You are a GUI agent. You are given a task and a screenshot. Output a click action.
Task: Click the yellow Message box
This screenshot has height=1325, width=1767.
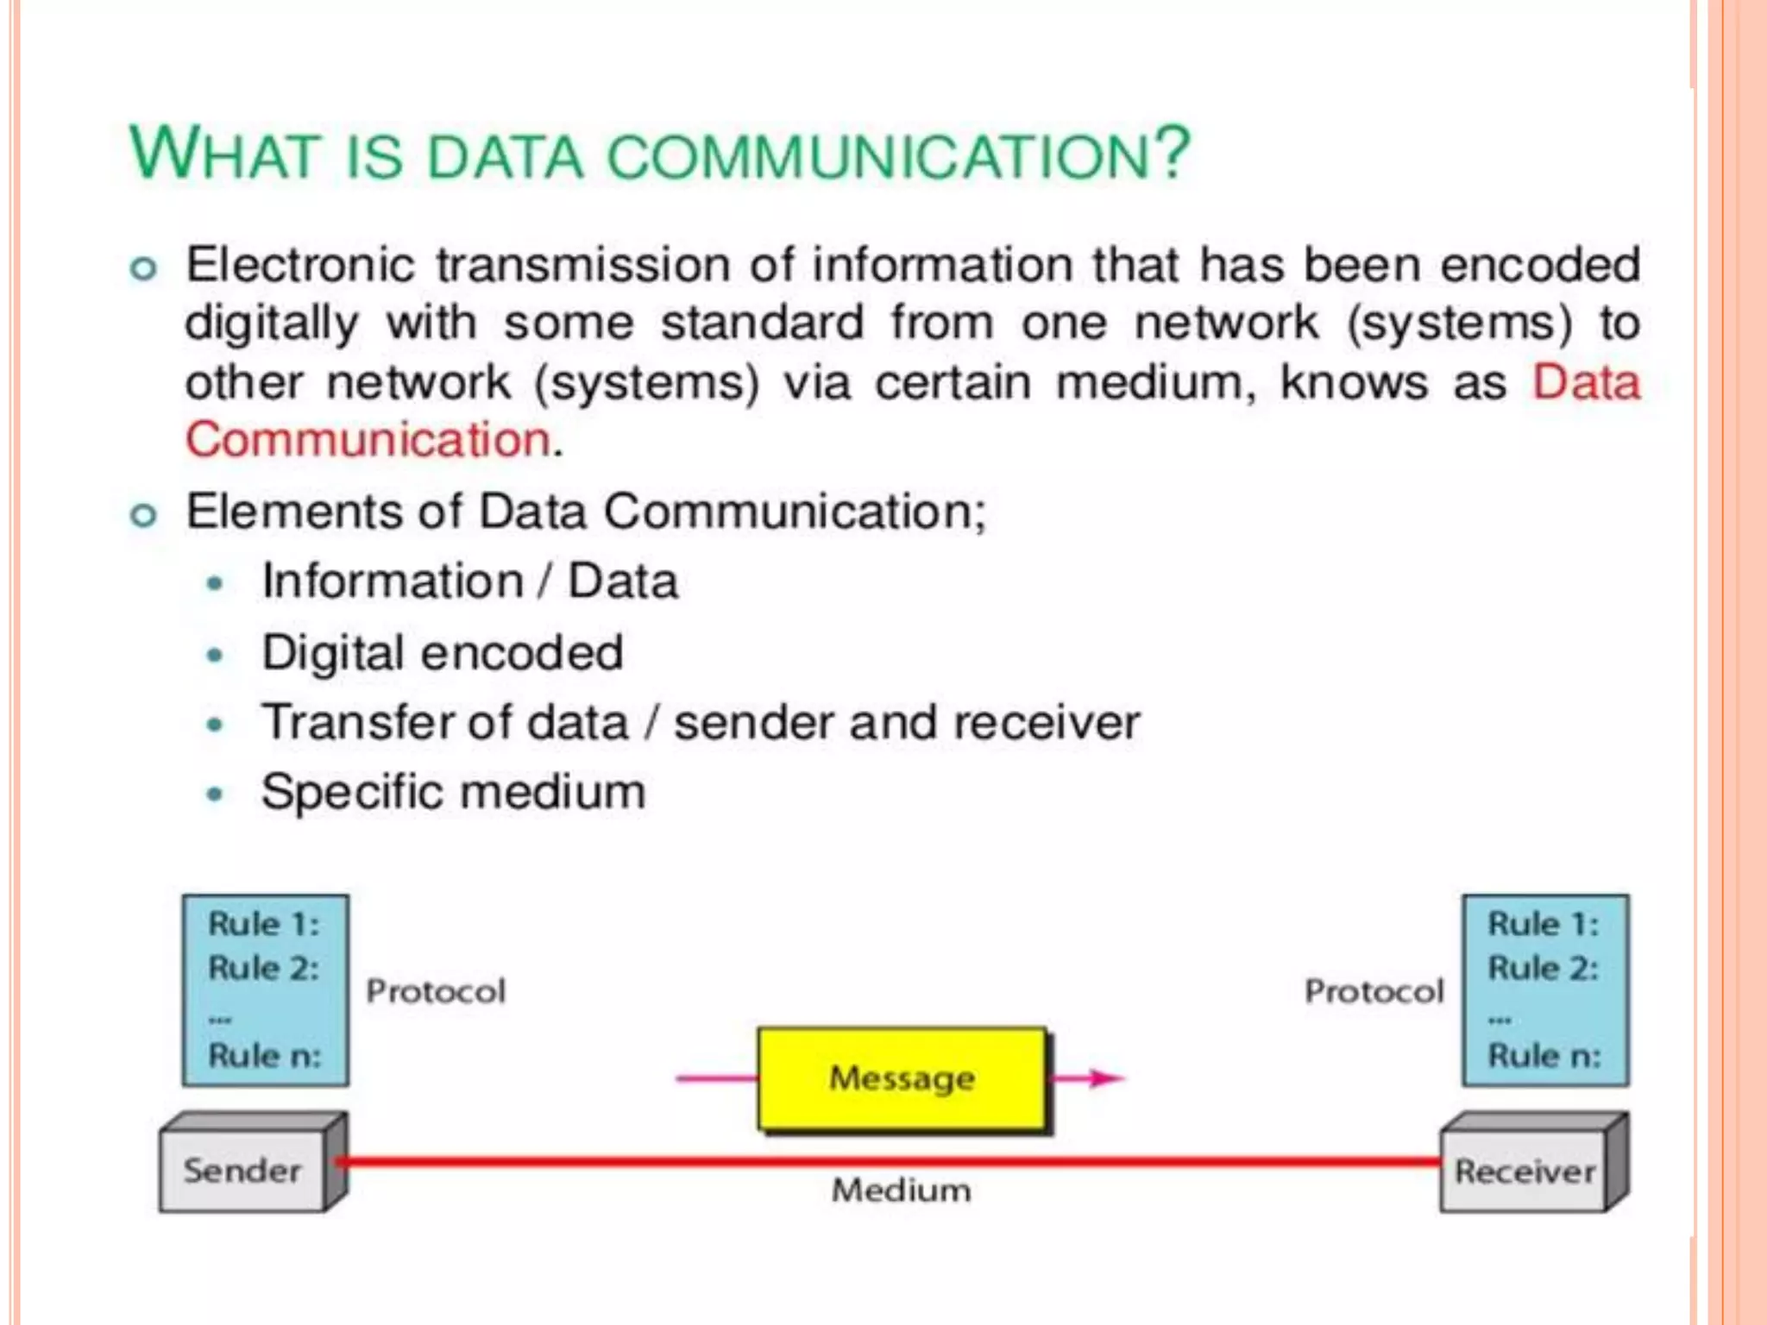tap(902, 1077)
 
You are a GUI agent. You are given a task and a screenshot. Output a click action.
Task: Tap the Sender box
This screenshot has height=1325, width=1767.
tap(242, 1171)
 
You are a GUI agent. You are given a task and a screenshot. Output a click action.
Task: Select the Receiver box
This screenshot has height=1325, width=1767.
tap(1525, 1171)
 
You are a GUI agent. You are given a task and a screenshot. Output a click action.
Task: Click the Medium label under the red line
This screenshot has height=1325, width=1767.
tap(901, 1190)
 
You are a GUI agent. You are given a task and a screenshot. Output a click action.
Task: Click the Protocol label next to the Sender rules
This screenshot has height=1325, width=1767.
tap(436, 991)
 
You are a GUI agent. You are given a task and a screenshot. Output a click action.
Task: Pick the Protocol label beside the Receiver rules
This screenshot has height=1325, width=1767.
tap(1374, 991)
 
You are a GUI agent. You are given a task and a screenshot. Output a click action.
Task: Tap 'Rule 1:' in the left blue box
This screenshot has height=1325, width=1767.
tap(263, 924)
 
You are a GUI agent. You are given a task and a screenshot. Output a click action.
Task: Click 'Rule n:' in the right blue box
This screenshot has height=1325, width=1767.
tap(1544, 1055)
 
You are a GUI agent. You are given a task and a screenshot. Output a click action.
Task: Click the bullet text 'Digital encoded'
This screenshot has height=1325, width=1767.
tap(442, 652)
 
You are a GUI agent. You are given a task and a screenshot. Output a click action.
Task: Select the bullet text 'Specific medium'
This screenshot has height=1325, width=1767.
tap(453, 792)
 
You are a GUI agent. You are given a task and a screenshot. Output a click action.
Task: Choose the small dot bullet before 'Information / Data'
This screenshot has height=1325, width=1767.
tap(215, 584)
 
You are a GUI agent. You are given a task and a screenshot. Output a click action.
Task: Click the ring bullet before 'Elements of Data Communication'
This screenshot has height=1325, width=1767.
tap(143, 516)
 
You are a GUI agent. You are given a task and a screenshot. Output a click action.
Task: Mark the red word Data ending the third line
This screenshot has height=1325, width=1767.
tap(1586, 381)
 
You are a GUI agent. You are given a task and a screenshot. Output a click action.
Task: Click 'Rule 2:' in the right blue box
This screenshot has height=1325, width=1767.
tap(1543, 968)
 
